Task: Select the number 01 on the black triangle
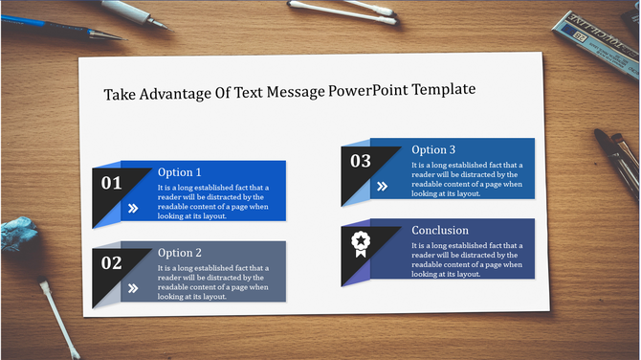coord(112,182)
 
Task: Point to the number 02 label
coord(112,261)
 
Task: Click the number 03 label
coord(360,161)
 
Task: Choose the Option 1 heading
coord(180,172)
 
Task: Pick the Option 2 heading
coord(180,252)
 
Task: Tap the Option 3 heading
coord(433,149)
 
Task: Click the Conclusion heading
coord(440,230)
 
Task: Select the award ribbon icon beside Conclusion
coord(361,242)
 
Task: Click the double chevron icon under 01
coord(132,207)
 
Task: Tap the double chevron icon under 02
coord(132,286)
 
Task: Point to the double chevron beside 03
coord(382,186)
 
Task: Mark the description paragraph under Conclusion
coord(467,259)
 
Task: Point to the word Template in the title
coord(444,90)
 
